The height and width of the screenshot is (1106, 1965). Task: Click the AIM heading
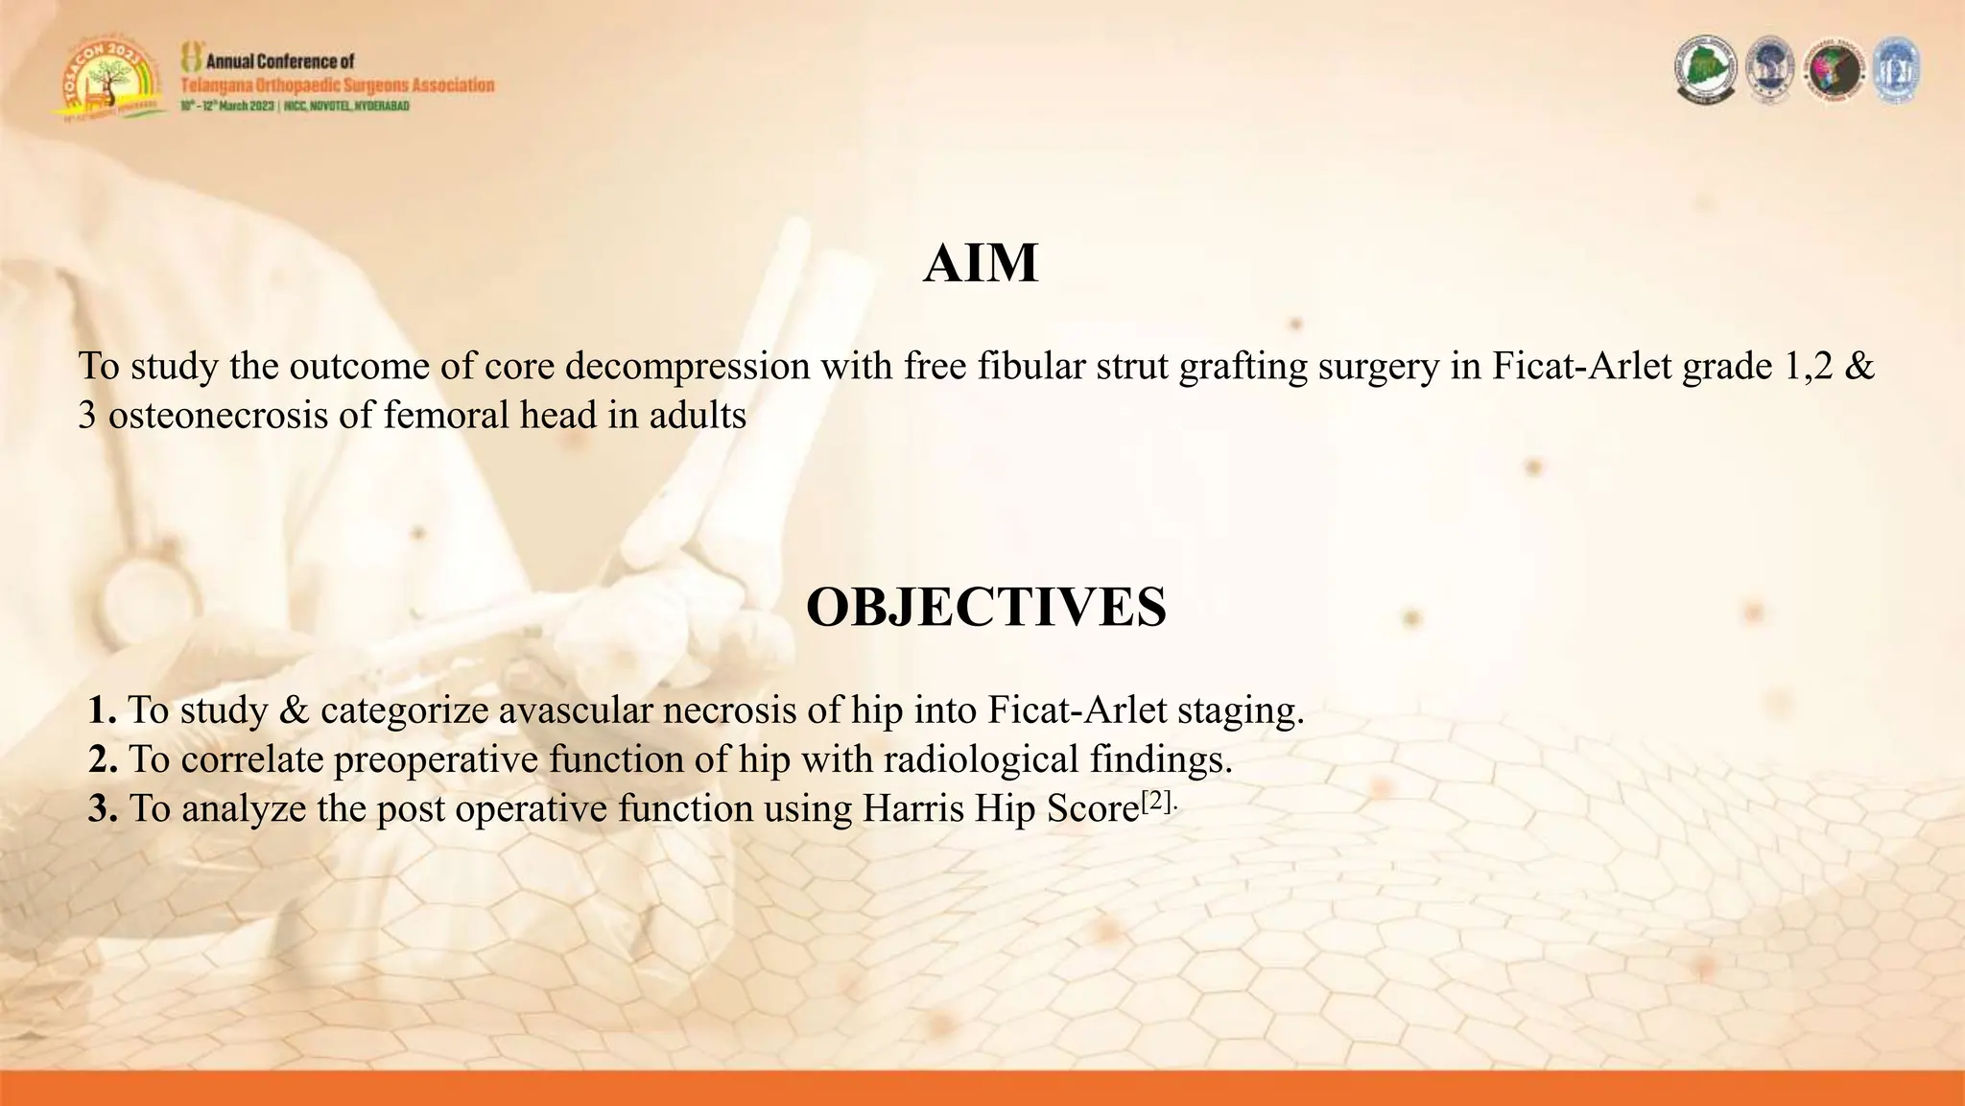(981, 263)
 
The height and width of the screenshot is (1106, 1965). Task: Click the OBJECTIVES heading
(985, 607)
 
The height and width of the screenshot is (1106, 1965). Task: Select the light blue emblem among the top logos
(1895, 70)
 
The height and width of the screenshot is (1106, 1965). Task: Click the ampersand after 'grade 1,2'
(1858, 366)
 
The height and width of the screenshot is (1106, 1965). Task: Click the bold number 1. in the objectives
(103, 710)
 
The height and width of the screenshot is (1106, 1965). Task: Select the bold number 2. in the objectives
(103, 759)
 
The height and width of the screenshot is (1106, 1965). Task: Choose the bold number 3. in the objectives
(103, 809)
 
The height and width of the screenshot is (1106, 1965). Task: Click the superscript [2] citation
(1156, 801)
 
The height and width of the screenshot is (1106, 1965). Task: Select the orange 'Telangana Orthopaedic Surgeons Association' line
(337, 84)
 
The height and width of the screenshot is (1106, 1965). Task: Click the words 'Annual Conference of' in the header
(280, 61)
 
